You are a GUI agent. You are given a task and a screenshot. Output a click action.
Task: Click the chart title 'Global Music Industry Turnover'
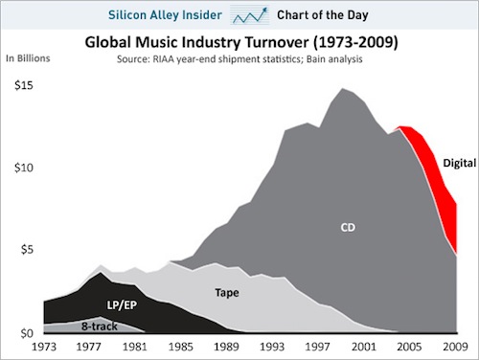[239, 43]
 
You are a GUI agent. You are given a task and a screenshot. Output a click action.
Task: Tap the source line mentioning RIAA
[239, 59]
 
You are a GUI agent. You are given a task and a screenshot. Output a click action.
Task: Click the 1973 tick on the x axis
[45, 347]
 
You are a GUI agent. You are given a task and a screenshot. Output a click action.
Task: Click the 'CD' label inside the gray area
[349, 228]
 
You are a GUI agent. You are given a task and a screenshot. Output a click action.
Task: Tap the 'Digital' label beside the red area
[459, 163]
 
